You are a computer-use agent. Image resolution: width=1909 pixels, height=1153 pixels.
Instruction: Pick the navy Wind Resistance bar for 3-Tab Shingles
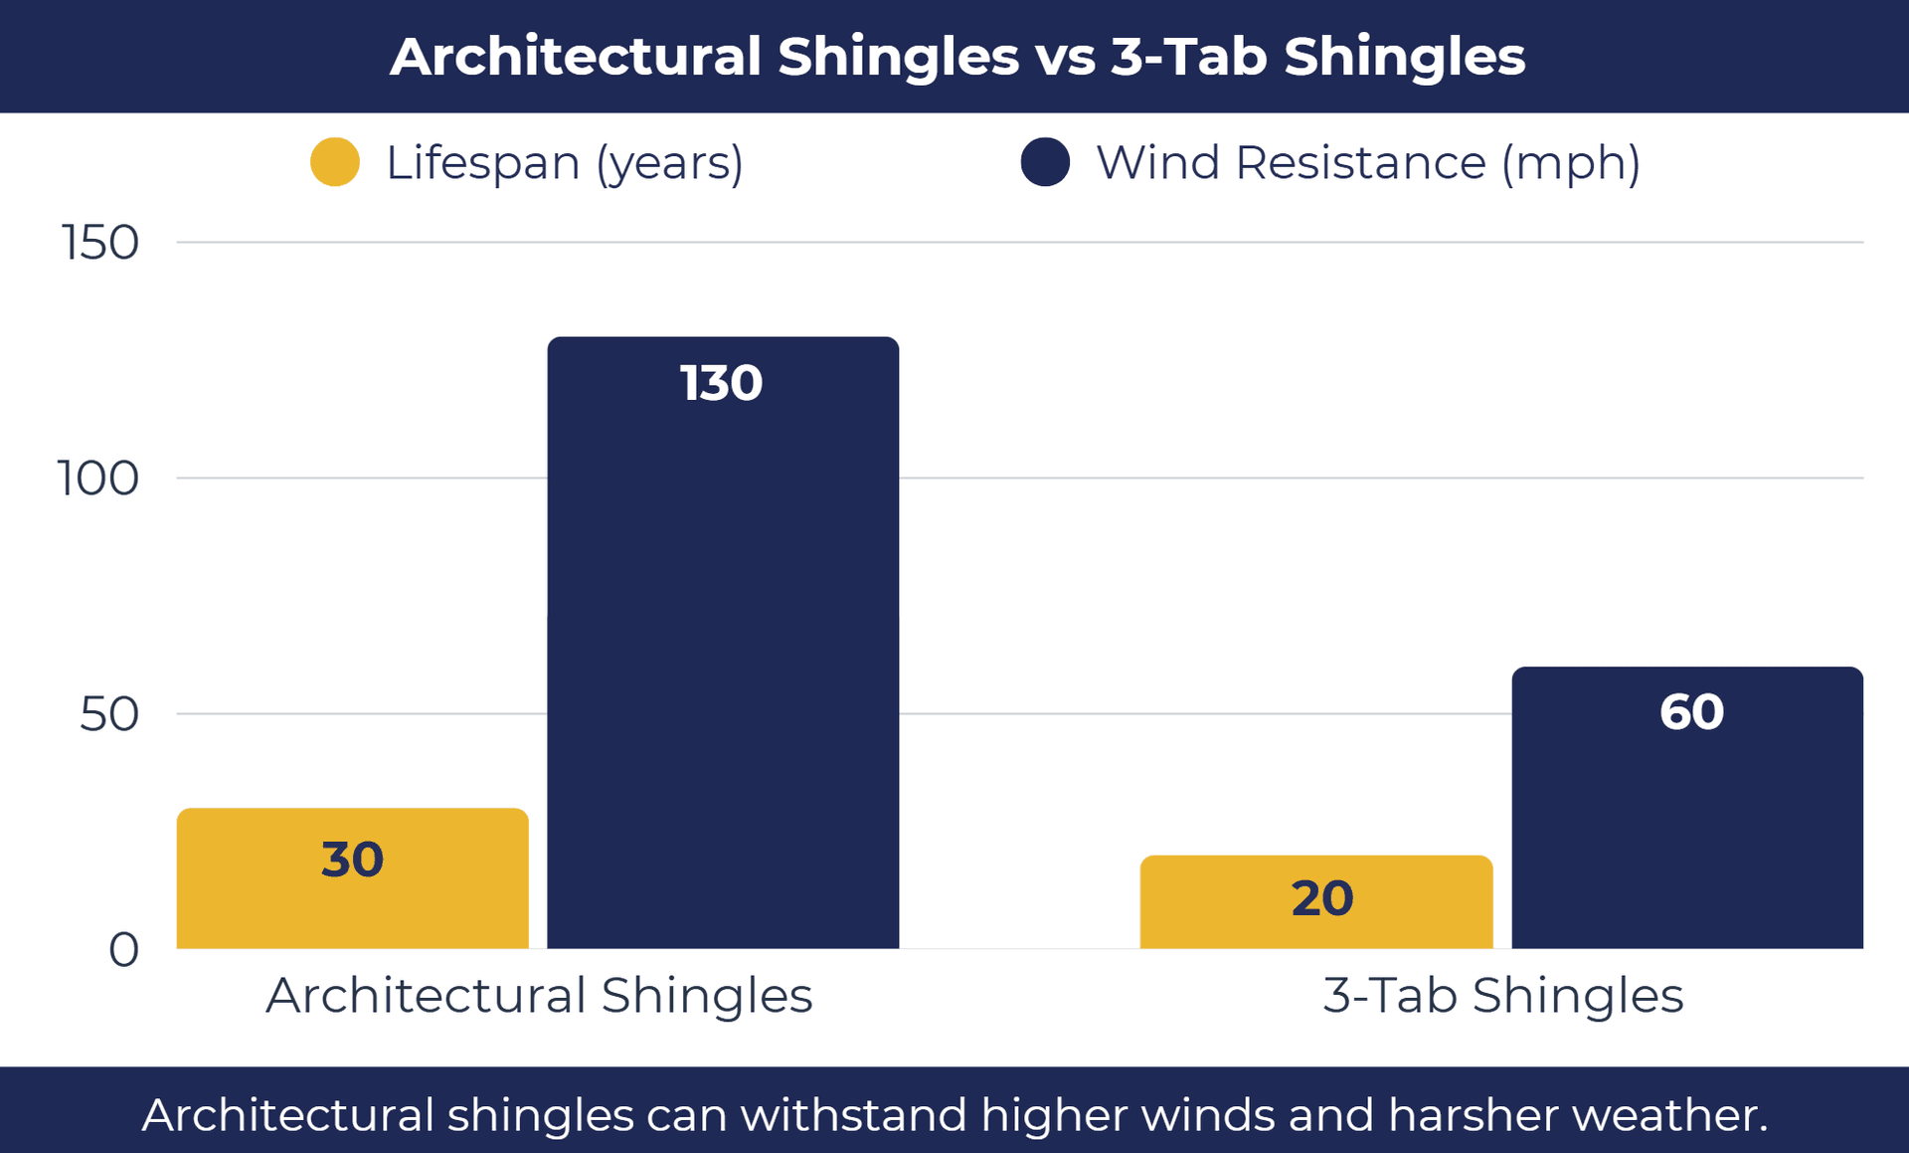(x=1687, y=826)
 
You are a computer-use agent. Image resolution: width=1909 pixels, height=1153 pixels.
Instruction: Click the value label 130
(x=721, y=383)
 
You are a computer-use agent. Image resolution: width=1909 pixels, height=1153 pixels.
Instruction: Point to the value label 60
(x=1691, y=712)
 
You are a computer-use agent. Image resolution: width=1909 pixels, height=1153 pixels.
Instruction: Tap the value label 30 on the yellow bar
(x=352, y=860)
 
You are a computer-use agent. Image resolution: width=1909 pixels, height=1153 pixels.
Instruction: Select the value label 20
(x=1321, y=898)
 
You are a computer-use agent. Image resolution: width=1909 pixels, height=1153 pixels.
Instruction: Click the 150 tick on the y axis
(x=99, y=243)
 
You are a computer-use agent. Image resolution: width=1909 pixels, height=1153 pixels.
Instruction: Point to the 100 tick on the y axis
(x=97, y=479)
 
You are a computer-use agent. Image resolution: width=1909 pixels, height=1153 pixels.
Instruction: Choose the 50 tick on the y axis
(x=108, y=714)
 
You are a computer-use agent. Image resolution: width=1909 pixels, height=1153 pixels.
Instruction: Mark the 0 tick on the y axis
(x=123, y=950)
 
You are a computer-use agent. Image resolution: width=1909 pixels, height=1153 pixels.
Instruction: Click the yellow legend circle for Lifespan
(x=335, y=162)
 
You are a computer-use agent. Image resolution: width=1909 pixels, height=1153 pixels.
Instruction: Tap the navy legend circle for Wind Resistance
(x=1045, y=162)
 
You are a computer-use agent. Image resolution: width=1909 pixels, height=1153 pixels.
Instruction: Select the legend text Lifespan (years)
(x=564, y=163)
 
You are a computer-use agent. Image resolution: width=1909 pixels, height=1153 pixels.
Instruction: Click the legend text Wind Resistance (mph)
(x=1367, y=163)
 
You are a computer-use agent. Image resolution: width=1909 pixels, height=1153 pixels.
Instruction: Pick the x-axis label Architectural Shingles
(x=539, y=996)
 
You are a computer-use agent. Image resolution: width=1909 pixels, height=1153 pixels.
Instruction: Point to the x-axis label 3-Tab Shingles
(x=1502, y=996)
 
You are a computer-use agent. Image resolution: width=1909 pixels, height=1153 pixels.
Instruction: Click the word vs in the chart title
(x=1065, y=57)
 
